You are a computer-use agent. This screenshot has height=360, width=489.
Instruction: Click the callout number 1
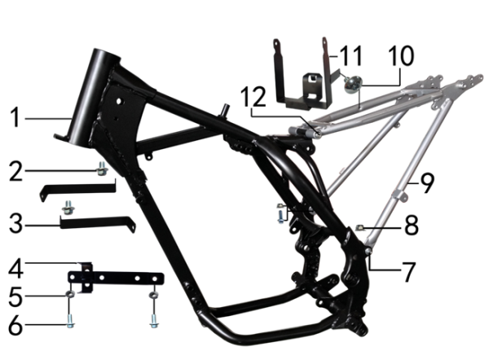(15, 117)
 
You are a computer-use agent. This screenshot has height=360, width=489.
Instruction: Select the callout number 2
(16, 171)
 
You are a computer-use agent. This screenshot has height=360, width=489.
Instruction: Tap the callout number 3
(15, 223)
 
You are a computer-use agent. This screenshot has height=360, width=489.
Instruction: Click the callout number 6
(15, 325)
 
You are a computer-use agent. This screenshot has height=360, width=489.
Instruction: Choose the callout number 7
(408, 272)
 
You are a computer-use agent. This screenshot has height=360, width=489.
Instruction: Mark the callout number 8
(412, 225)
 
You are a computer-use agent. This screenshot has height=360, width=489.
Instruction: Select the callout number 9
(427, 183)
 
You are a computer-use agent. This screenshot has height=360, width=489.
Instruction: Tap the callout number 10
(401, 55)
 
